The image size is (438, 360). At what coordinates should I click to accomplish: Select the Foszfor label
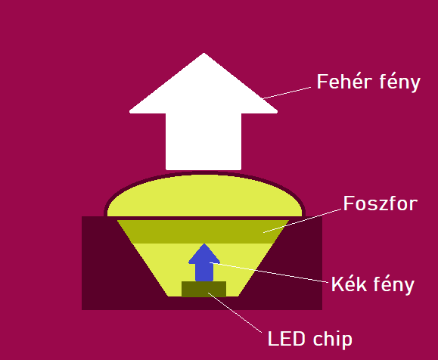[381, 203]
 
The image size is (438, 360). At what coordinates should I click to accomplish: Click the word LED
[286, 339]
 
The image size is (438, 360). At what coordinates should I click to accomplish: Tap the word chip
[332, 339]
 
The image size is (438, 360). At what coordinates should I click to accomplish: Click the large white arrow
[203, 111]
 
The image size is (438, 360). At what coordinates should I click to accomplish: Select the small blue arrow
[204, 262]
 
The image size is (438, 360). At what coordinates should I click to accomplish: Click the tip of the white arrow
[204, 53]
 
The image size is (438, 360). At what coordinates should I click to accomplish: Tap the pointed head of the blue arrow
[204, 244]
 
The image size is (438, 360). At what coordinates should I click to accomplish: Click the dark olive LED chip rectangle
[204, 289]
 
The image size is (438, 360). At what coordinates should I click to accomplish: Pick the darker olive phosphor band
[203, 231]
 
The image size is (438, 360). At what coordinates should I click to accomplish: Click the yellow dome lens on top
[204, 195]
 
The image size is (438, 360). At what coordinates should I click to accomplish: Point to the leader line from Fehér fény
[287, 93]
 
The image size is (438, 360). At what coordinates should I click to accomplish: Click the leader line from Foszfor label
[302, 221]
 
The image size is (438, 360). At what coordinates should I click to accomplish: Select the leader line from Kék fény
[269, 272]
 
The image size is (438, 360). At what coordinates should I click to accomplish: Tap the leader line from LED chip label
[235, 312]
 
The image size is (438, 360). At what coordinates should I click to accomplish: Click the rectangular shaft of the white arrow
[203, 141]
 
